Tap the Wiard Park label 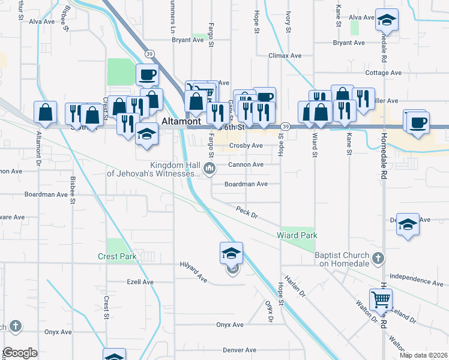click(297, 235)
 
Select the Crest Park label click(117, 256)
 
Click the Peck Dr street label click(246, 211)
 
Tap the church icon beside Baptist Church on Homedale click(378, 259)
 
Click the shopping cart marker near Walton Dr click(381, 299)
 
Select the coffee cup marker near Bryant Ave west click(147, 75)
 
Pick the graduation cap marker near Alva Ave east click(387, 21)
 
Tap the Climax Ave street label click(285, 56)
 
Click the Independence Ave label click(417, 280)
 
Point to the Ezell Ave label click(140, 282)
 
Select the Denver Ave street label click(240, 350)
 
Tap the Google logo click(19, 353)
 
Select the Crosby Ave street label click(246, 146)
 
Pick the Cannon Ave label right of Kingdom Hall click(246, 164)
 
